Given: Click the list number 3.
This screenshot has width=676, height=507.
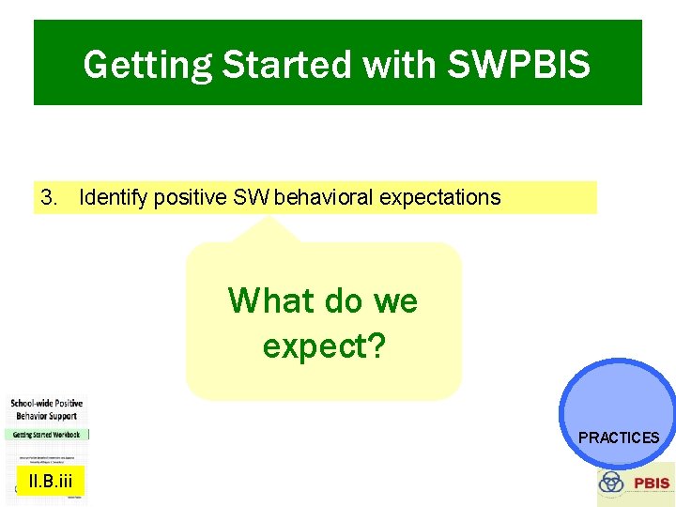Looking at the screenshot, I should pyautogui.click(x=50, y=197).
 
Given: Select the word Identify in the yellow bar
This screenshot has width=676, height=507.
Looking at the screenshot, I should pyautogui.click(x=114, y=197).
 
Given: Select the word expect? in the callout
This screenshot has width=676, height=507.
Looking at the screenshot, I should pyautogui.click(x=324, y=346).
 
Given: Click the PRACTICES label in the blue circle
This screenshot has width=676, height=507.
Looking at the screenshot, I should pyautogui.click(x=619, y=438).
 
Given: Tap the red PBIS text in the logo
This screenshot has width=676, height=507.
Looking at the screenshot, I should pyautogui.click(x=652, y=484).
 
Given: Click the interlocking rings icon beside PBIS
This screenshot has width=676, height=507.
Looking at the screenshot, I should pyautogui.click(x=611, y=483).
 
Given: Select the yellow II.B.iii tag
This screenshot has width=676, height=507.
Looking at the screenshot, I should pyautogui.click(x=50, y=482).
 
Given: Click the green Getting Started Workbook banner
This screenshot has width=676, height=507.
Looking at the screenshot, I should pyautogui.click(x=46, y=435).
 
